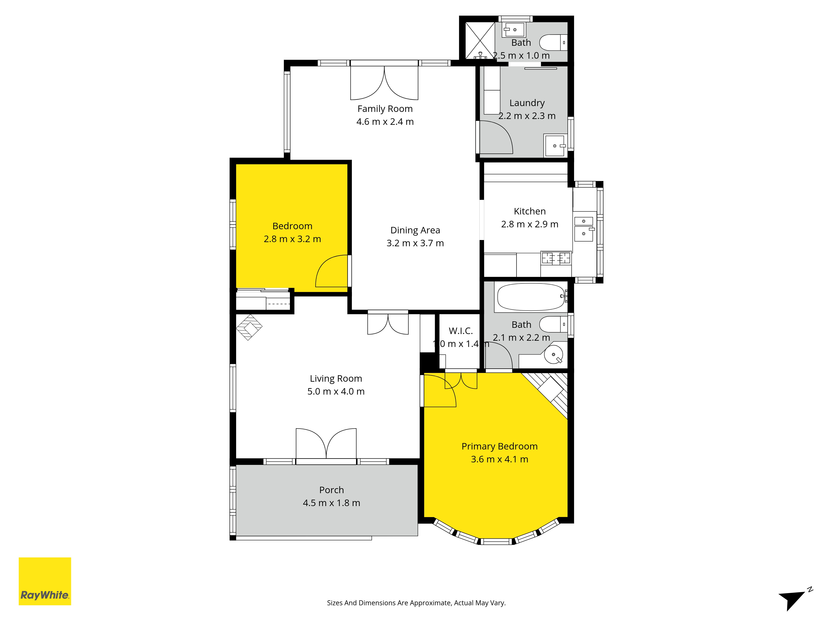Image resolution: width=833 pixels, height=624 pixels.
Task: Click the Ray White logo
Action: [x=45, y=581]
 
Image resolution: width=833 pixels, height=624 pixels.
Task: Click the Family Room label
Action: [x=385, y=109]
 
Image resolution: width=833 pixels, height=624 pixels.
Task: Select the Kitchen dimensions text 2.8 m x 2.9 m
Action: [x=529, y=224]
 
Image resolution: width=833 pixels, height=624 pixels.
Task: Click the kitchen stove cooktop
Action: [x=556, y=258]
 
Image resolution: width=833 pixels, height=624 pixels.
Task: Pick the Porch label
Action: [x=331, y=490]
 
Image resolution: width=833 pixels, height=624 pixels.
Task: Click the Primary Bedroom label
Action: [x=499, y=446]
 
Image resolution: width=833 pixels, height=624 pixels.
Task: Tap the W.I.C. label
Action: [x=461, y=331]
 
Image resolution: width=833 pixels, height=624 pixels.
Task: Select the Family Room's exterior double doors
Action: [x=384, y=83]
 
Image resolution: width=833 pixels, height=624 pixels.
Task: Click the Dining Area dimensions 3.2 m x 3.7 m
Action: [x=415, y=243]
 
